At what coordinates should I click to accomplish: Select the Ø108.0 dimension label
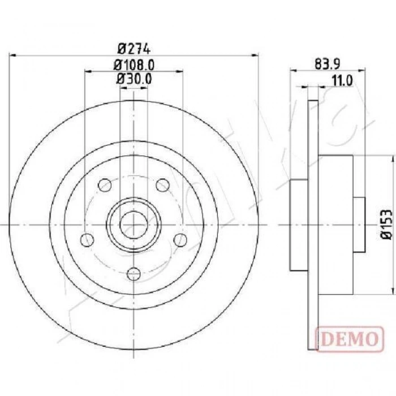tap(134, 64)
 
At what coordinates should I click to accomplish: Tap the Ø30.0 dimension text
tap(134, 79)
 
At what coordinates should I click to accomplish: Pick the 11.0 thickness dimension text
tap(342, 80)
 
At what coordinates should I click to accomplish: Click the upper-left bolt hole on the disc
tap(105, 185)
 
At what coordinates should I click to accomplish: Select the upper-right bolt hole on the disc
tap(162, 185)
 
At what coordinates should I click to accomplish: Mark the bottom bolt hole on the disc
tap(134, 274)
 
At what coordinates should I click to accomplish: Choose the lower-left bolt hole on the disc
tap(87, 240)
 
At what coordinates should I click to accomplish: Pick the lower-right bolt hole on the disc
tap(180, 240)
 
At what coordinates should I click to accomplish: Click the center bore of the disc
tap(134, 225)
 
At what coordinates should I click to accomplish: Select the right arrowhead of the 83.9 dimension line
tap(362, 71)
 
